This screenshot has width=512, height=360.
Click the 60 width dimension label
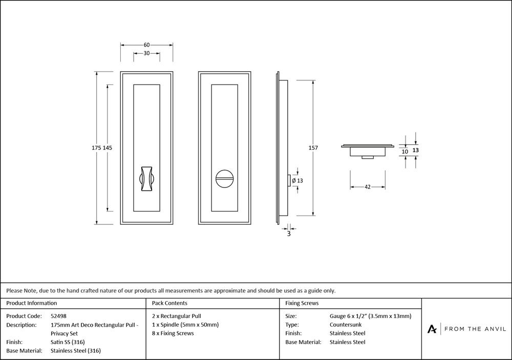click(146, 45)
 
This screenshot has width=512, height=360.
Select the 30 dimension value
click(146, 54)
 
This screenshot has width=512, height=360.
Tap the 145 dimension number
click(108, 147)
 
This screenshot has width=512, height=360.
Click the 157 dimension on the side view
click(313, 148)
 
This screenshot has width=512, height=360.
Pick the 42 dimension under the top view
click(368, 187)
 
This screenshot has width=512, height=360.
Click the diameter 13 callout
click(298, 180)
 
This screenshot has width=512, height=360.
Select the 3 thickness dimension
click(289, 234)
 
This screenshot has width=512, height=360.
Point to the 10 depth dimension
click(405, 152)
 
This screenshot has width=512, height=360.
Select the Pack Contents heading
click(169, 303)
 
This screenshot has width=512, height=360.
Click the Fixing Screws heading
click(302, 303)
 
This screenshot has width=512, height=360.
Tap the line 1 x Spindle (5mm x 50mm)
click(185, 325)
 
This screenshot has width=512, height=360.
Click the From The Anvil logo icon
click(432, 329)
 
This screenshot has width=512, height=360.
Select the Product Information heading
click(32, 303)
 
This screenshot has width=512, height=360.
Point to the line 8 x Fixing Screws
click(173, 333)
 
